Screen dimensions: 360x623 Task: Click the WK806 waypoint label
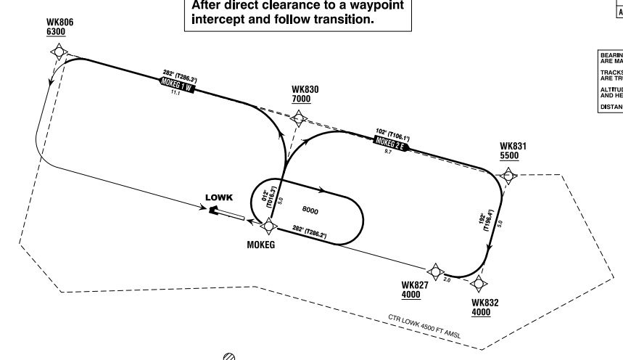59,22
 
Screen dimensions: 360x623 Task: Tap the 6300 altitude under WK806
55,33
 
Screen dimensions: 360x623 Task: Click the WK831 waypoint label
513,146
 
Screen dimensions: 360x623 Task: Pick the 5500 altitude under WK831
510,155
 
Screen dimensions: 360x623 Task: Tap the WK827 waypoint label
414,285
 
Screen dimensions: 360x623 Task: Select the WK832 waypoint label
484,303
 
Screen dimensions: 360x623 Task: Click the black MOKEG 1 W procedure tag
177,85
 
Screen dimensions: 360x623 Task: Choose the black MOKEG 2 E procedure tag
391,142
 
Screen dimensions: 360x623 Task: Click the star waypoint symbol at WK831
508,175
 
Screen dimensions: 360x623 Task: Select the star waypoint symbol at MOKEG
268,225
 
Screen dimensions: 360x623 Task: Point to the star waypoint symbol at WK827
435,271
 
